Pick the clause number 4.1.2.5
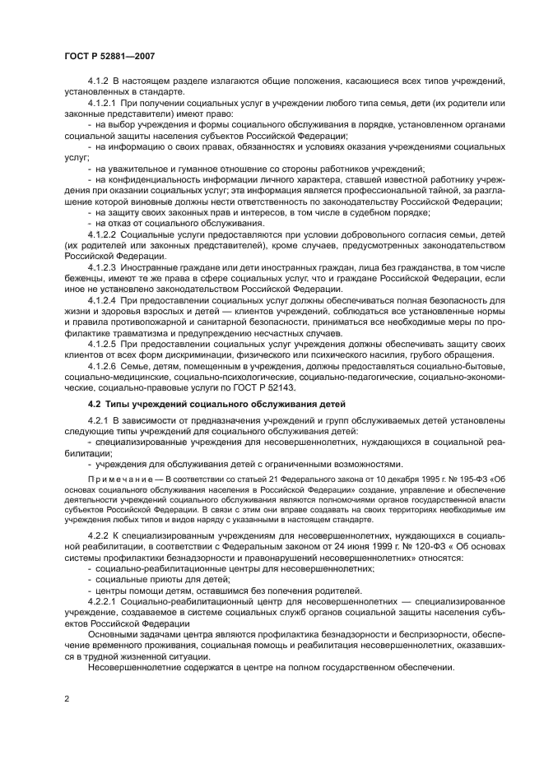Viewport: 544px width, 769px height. click(103, 345)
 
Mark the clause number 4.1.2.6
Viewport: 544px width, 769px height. click(103, 366)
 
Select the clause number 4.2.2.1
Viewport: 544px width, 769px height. click(103, 601)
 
